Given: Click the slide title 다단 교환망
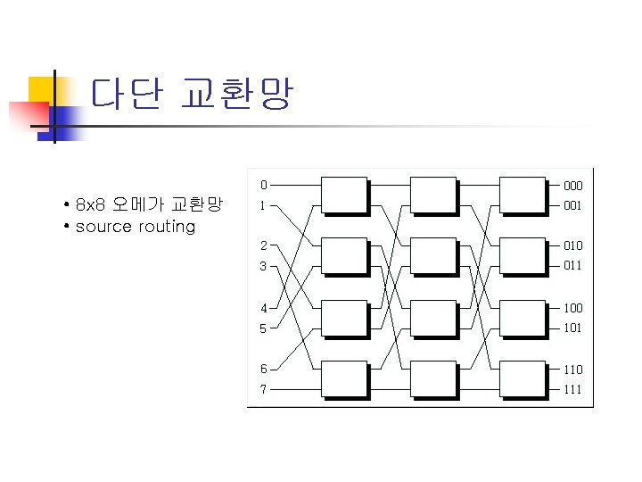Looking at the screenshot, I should pyautogui.click(x=191, y=94).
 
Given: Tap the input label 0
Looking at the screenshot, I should pyautogui.click(x=263, y=186).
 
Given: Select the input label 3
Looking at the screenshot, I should pyautogui.click(x=263, y=266).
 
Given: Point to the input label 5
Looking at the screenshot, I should pyautogui.click(x=263, y=328).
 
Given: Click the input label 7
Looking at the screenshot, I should pyautogui.click(x=263, y=389).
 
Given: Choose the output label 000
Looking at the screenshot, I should pyautogui.click(x=572, y=186).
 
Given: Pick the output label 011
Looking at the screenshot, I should pyautogui.click(x=572, y=266).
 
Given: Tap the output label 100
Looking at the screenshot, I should pyautogui.click(x=572, y=308).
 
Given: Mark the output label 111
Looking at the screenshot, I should pyautogui.click(x=572, y=389).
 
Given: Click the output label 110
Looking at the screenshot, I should pyautogui.click(x=572, y=369).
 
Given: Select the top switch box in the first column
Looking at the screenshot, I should pyautogui.click(x=343, y=195).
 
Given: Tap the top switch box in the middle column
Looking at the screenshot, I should pyautogui.click(x=433, y=195).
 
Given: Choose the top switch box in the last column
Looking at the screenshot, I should pyautogui.click(x=523, y=195).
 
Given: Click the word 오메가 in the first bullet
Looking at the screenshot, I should pyautogui.click(x=131, y=204).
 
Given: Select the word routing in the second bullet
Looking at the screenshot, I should pyautogui.click(x=167, y=227).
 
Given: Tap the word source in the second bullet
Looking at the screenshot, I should pyautogui.click(x=104, y=227).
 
